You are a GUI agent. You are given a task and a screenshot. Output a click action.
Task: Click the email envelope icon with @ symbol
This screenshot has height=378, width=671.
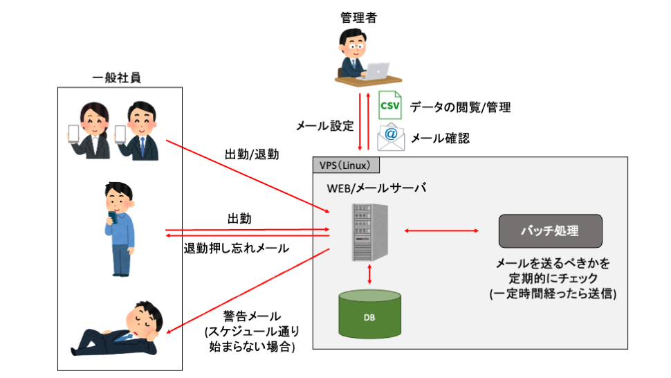(391, 137)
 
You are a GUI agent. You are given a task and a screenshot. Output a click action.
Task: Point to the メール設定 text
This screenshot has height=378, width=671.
(325, 126)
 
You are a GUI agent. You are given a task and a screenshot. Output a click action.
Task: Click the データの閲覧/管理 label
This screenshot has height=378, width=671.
(460, 107)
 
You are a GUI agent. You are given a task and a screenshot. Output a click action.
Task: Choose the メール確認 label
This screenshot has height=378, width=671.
(441, 138)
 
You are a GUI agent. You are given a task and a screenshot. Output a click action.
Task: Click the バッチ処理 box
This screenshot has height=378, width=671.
(550, 231)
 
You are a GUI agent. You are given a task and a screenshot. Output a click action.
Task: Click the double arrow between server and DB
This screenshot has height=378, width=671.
(371, 273)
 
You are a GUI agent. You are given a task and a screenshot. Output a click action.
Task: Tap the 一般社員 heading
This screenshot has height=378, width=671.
(117, 78)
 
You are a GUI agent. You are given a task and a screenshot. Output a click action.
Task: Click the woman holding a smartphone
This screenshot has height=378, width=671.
(91, 130)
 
